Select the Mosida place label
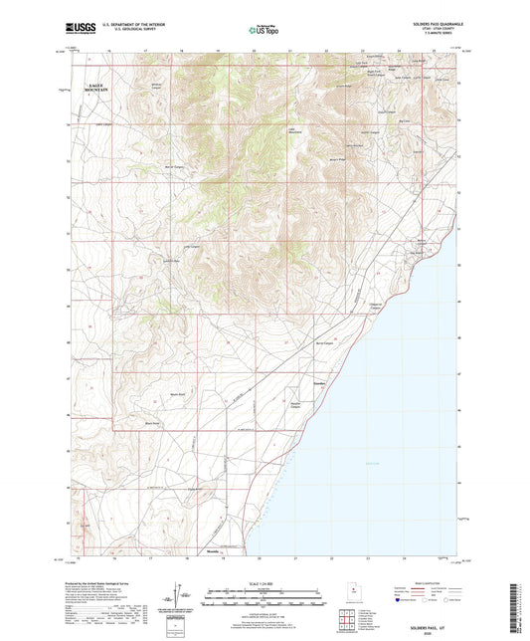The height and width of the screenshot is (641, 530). (x=212, y=550)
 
